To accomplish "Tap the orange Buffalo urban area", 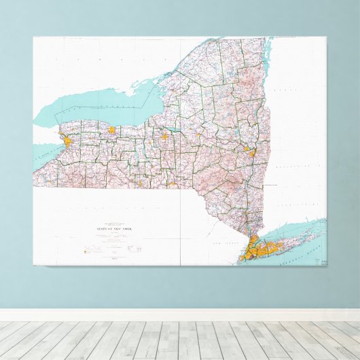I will coord(69,141).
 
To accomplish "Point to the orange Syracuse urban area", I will coord(164,136).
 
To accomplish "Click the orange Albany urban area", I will coord(251,153).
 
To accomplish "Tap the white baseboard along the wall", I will coord(180,315).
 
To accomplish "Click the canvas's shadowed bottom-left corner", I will coord(35,265).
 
